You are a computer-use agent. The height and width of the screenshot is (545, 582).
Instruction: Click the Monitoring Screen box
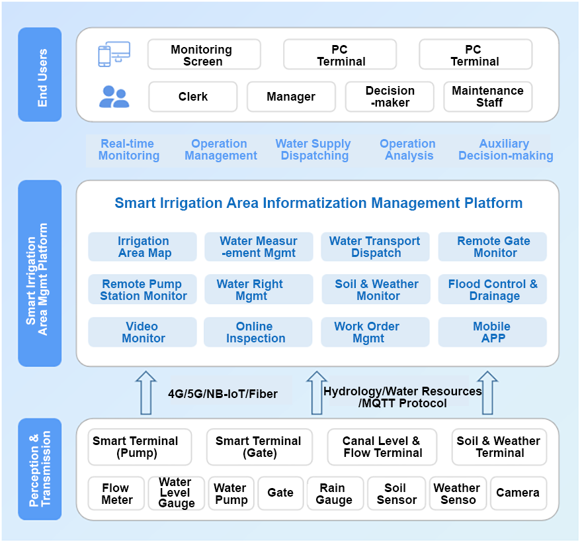pos(204,55)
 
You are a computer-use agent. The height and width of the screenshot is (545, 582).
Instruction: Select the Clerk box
pos(192,97)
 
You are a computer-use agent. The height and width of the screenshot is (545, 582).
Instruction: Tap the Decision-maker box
pos(390,97)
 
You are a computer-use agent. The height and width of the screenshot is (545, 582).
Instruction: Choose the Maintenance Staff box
pos(488,97)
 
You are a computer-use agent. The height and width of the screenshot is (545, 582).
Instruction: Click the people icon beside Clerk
pos(114,97)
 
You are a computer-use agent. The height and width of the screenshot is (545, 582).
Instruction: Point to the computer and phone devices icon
pos(114,54)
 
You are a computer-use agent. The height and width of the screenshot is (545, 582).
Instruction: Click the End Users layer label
pos(40,74)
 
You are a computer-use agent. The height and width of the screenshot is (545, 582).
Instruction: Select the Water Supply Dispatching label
pos(313,150)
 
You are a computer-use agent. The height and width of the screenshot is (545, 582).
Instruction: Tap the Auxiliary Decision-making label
pos(505,150)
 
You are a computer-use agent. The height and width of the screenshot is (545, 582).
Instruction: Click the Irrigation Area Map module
pos(143,247)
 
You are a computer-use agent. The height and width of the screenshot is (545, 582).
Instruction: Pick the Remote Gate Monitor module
pos(493,247)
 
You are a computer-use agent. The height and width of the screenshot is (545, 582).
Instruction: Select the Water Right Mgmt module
pos(259,289)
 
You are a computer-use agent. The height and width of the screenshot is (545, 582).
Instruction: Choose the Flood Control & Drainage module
pos(493,289)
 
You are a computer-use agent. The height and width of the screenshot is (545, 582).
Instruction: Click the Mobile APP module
pos(493,332)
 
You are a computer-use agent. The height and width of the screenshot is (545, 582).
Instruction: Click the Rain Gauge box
pos(335,493)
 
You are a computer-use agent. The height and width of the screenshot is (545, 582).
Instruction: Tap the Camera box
pos(518,493)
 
